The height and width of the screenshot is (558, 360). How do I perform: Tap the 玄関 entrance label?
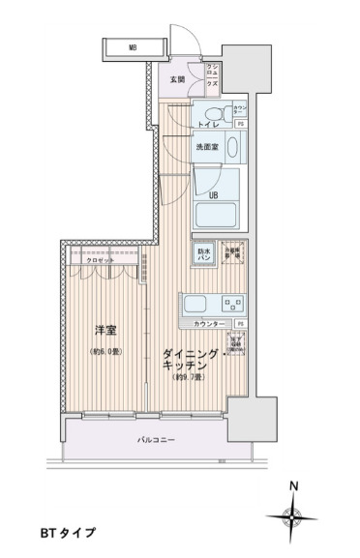[x=177, y=79]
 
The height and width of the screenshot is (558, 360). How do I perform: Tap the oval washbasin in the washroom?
[x=229, y=147]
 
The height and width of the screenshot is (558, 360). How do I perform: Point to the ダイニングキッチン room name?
[x=182, y=363]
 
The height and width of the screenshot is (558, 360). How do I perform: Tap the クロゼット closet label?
[x=99, y=261]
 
